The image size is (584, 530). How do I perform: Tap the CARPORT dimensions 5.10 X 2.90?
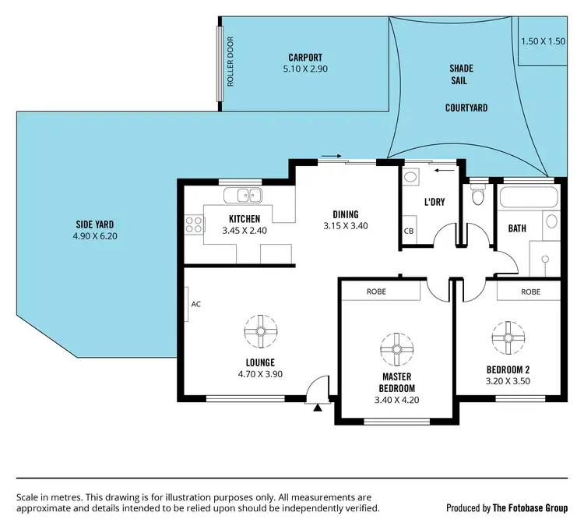coord(304,69)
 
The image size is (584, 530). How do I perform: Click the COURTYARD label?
coord(466,108)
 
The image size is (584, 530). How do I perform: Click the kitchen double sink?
coord(243,196)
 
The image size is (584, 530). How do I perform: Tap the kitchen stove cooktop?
coord(193,225)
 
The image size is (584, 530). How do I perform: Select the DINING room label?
coord(345,214)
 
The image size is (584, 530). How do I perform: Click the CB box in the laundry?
coord(408,231)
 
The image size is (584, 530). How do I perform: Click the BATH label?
coord(516,228)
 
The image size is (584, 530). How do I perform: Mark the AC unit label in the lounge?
coord(195,304)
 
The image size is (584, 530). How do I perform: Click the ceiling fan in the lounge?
coord(260,330)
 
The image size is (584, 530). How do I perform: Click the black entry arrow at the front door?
coord(317,406)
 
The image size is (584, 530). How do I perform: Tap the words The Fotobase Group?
coord(529,507)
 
